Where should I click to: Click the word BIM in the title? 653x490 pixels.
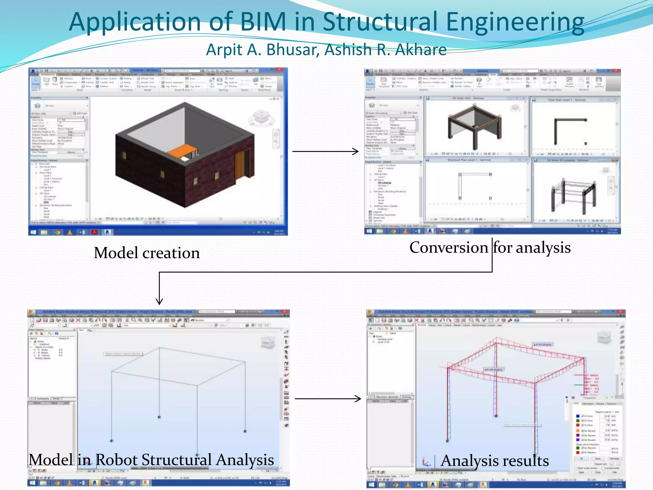(x=263, y=22)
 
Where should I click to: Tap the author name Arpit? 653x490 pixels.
(x=224, y=50)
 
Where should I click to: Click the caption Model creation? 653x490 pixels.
(x=147, y=253)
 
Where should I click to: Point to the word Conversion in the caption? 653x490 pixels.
(x=448, y=248)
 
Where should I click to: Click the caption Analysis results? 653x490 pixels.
(x=495, y=461)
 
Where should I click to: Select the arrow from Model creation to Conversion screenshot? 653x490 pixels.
(x=325, y=151)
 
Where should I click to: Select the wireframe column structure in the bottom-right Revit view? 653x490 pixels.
(x=573, y=195)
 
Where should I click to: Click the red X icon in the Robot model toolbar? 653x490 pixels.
(x=78, y=320)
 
